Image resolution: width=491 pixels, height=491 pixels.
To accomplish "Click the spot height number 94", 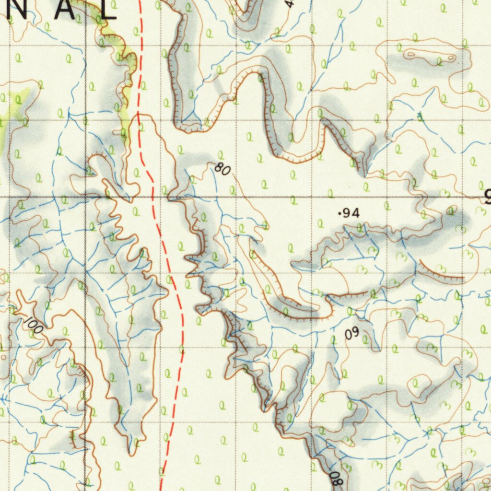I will (x=351, y=214).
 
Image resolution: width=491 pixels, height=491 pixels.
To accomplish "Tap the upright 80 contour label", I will (x=222, y=169).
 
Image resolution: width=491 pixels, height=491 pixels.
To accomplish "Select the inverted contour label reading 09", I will (x=352, y=333).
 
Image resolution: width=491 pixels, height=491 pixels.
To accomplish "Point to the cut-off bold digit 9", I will (x=487, y=197).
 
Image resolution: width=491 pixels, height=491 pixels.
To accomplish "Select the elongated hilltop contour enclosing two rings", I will (x=430, y=56).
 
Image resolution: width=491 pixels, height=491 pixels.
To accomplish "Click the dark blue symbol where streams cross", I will (x=420, y=117).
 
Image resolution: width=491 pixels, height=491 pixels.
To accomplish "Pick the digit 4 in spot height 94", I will (x=355, y=214).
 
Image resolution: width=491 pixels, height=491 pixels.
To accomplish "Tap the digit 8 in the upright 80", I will (x=219, y=167).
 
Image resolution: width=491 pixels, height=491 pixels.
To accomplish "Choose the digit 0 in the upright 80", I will (x=226, y=171).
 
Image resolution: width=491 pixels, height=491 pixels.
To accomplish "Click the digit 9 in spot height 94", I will (x=348, y=214).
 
